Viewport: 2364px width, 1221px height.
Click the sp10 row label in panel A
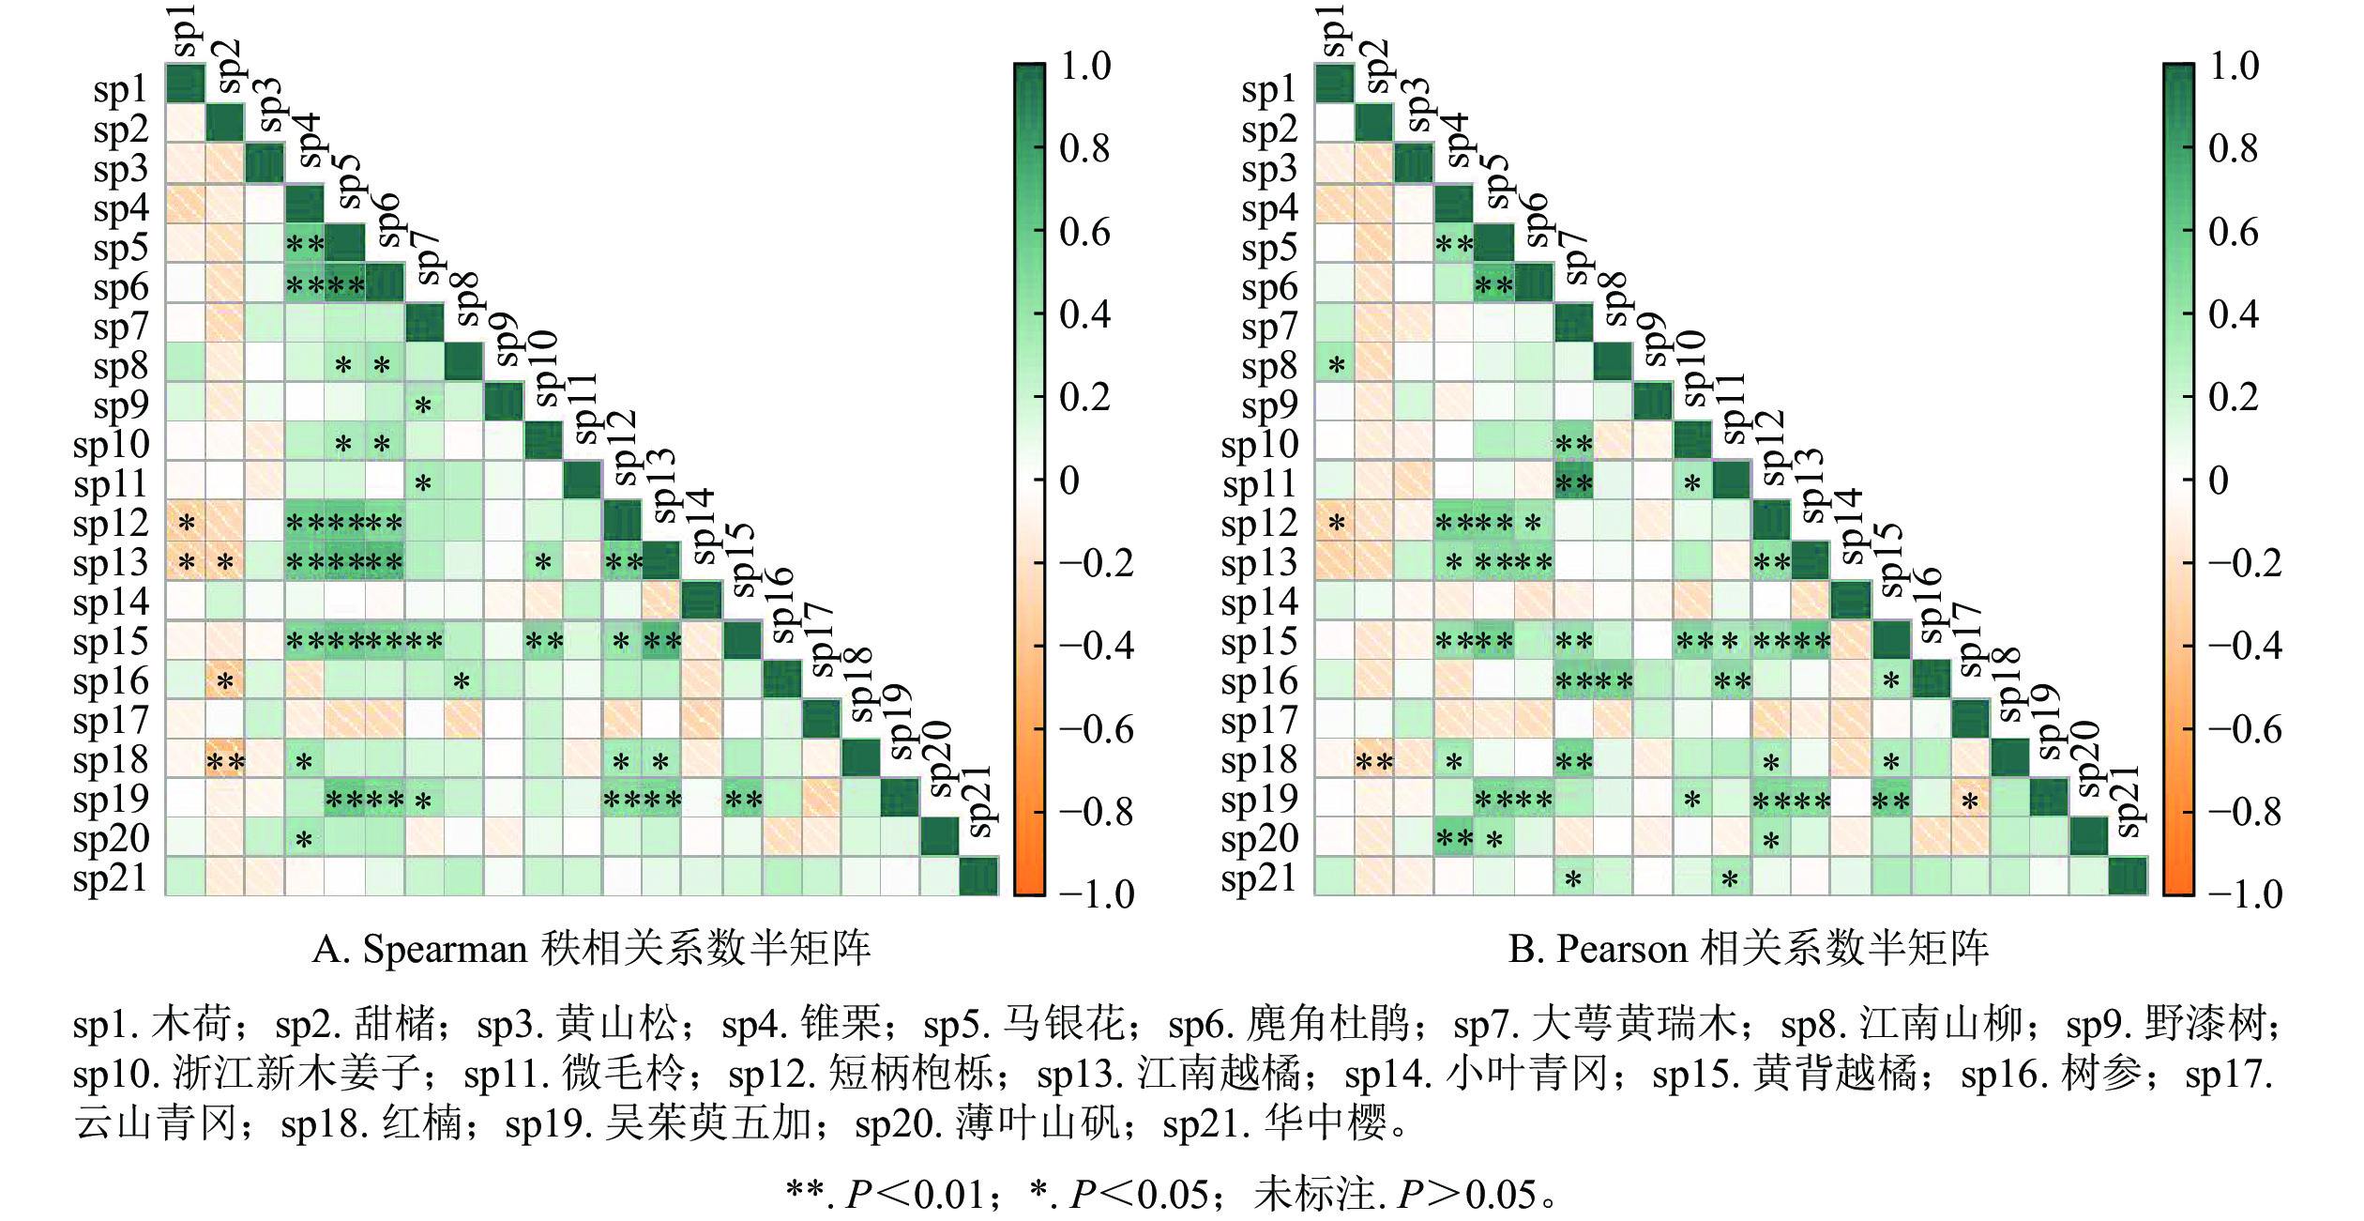[111, 445]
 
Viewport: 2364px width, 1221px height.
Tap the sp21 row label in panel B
[1259, 878]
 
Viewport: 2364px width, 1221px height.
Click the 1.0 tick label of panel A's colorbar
[1085, 66]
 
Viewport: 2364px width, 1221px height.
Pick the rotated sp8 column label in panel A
[466, 298]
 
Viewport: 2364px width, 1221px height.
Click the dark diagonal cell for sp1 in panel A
[186, 83]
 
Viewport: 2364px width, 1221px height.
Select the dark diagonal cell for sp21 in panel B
[2128, 877]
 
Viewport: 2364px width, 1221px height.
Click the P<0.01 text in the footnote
[924, 1195]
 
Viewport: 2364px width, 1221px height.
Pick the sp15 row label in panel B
[1259, 642]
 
